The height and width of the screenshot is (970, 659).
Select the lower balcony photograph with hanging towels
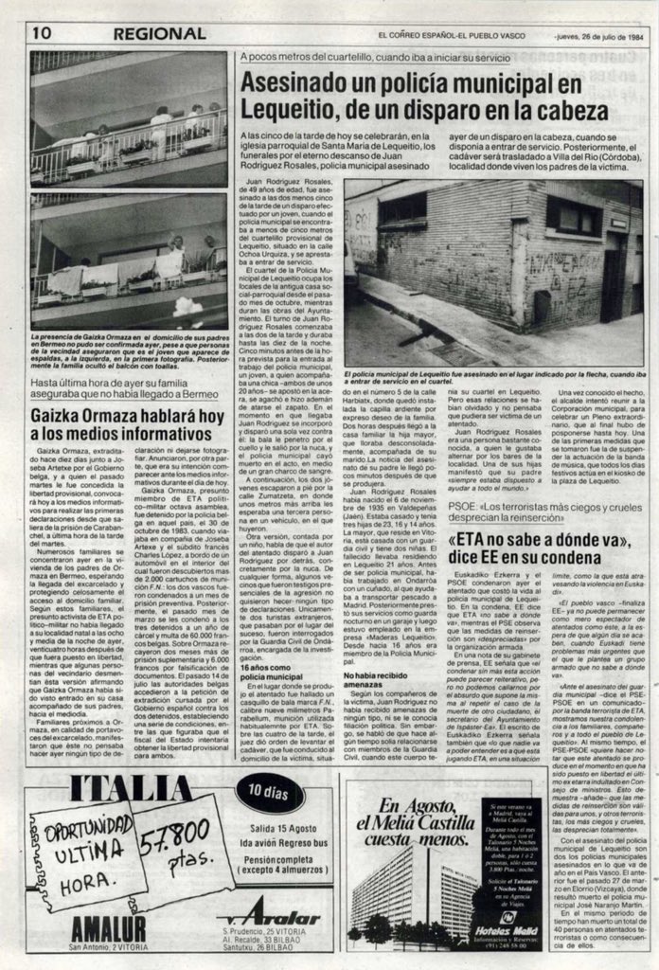coord(129,262)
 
